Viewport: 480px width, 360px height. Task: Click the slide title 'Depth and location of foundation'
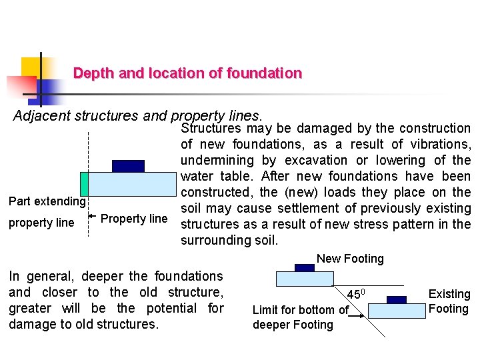coord(187,73)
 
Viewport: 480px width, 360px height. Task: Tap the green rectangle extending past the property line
coord(84,183)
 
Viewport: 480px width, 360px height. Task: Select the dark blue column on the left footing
coord(128,166)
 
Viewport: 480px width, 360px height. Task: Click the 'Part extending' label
coord(47,201)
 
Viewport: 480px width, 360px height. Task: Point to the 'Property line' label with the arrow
coord(134,219)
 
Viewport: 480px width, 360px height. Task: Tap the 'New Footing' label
coord(350,259)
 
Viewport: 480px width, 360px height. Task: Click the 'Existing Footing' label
coord(449,301)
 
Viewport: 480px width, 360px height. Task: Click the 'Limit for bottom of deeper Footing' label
coord(300,317)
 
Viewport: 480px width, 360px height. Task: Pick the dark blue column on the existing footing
coord(397,299)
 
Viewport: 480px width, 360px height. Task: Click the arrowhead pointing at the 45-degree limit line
coord(364,317)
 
